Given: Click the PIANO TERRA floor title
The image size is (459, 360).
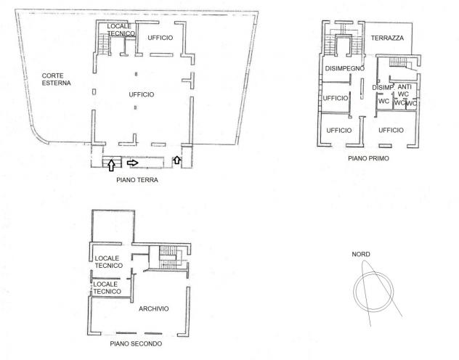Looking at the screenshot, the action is pos(137,180).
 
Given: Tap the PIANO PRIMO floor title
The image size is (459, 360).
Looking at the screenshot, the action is pos(368,158).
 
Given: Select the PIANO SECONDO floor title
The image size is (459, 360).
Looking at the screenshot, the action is pos(136,343).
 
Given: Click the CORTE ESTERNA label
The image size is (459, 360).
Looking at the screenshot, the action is pos(56,79).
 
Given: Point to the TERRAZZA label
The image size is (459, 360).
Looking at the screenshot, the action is pos(387,38).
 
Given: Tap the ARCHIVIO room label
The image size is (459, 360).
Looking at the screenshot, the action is pos(154,308).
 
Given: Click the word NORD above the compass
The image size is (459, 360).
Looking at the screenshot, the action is pos(361,254).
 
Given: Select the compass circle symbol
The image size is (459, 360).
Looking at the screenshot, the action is pos(373,292).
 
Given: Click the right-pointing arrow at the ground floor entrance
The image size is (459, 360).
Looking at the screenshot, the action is pos(133,163).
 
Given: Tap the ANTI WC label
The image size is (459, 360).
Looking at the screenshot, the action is pos(404,91).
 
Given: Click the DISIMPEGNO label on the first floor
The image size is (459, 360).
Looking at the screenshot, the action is pos(345,68).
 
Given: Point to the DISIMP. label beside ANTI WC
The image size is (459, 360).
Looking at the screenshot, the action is pos(383,87).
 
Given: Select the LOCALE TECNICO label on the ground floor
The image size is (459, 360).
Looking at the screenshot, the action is pos(121,30).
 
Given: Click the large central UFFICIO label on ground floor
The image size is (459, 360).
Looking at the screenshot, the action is pos(142,94).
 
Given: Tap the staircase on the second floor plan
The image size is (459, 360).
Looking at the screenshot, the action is pos(168,258).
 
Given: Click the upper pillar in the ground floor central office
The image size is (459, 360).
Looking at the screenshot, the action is pos(136,74).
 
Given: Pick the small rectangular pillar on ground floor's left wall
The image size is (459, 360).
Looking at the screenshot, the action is pos(94,92).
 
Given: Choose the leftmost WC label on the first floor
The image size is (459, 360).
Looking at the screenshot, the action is pos(383,101).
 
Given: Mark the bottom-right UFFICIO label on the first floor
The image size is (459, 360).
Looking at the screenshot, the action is pos(391,130).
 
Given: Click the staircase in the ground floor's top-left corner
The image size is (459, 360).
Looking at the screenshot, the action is pos(103,44).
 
